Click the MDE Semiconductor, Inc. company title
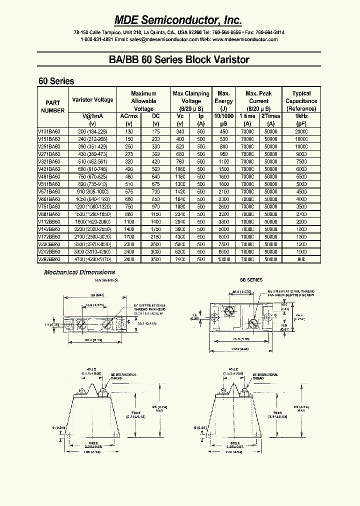179,19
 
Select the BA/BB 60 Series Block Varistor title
179,60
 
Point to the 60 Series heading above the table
56,81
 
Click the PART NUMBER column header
52,106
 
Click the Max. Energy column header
223,100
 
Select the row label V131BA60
49,131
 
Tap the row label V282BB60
49,260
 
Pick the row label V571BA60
49,191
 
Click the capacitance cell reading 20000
301,131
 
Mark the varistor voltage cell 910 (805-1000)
92,191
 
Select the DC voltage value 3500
155,260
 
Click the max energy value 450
223,131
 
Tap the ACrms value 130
129,131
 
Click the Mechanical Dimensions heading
79,272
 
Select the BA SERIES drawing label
106,280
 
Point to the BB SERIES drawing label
251,280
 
